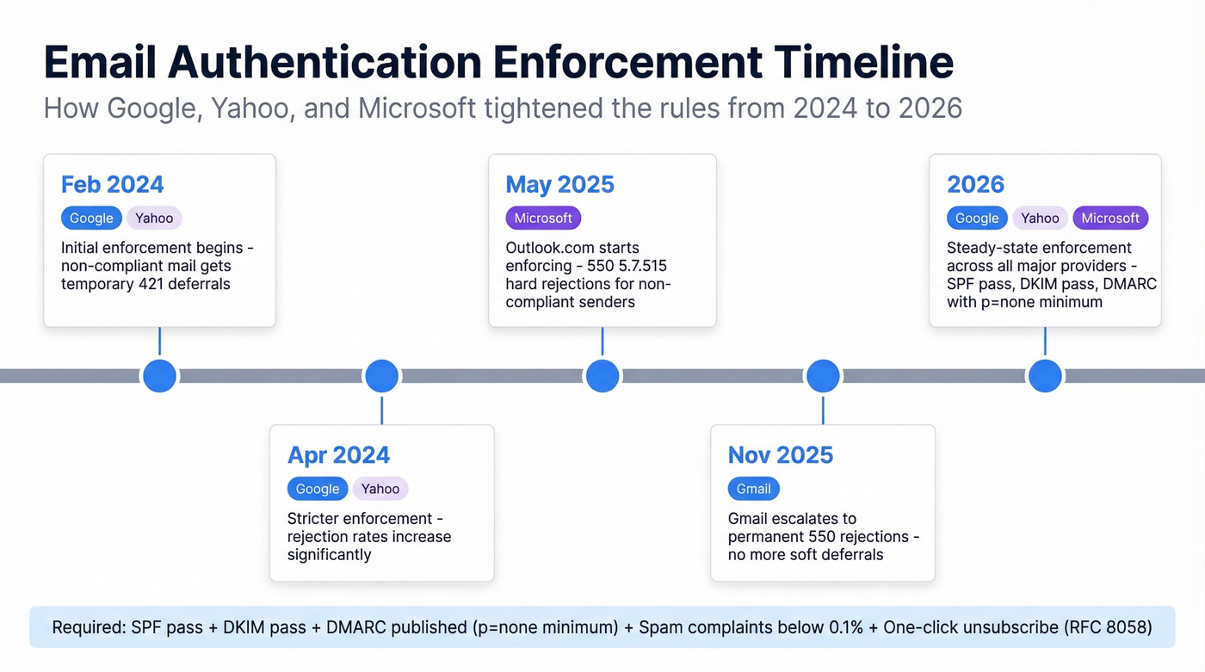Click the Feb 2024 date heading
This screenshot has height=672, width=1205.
click(112, 184)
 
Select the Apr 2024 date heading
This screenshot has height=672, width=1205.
click(338, 455)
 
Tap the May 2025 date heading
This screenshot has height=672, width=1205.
click(559, 184)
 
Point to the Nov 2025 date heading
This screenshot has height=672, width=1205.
click(780, 455)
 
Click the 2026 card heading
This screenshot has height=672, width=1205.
click(975, 184)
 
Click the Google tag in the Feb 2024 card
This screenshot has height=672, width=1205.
click(91, 218)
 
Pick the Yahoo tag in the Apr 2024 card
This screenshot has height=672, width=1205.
click(380, 489)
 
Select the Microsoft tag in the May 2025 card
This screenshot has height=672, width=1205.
click(543, 218)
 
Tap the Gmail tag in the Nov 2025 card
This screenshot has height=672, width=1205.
click(753, 489)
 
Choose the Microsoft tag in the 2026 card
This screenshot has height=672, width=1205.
click(1109, 218)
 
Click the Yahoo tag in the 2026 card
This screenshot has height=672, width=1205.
click(1040, 218)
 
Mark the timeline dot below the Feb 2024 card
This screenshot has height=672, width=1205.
click(159, 376)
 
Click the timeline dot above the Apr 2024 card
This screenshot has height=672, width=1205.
click(381, 376)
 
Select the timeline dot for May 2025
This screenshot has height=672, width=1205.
click(602, 376)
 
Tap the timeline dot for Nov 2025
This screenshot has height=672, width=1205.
click(823, 376)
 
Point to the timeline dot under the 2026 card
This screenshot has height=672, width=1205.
click(1045, 376)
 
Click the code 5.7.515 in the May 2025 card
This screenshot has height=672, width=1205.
click(636, 266)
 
